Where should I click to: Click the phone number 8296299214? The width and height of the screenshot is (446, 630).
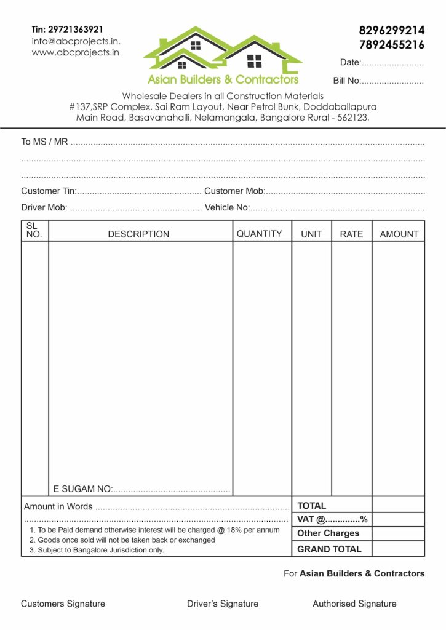click(391, 30)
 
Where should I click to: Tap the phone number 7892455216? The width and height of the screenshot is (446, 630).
click(391, 44)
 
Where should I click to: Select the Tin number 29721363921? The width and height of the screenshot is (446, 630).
click(67, 29)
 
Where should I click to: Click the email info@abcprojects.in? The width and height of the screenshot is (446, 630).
click(76, 41)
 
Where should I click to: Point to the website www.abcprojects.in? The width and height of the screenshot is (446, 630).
click(75, 53)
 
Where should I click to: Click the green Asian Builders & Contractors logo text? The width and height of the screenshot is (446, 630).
click(223, 79)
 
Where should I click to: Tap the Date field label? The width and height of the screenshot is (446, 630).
click(350, 63)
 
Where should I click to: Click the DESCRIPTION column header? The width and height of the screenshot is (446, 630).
click(138, 234)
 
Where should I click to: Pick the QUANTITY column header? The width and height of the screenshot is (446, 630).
click(259, 234)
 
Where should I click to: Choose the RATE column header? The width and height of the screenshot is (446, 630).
click(351, 234)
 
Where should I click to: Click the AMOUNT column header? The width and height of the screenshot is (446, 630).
click(399, 234)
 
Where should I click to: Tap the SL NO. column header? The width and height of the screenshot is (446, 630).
click(34, 231)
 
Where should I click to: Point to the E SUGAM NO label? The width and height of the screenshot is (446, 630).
click(82, 489)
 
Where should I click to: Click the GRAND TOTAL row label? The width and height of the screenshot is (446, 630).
click(329, 549)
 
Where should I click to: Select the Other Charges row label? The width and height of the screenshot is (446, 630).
click(328, 533)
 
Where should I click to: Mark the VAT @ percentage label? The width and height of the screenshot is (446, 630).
click(332, 519)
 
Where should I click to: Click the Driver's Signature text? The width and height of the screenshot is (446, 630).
click(223, 604)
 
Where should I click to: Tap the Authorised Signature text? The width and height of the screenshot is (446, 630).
click(354, 604)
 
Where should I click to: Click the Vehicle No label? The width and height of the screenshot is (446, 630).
click(226, 207)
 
